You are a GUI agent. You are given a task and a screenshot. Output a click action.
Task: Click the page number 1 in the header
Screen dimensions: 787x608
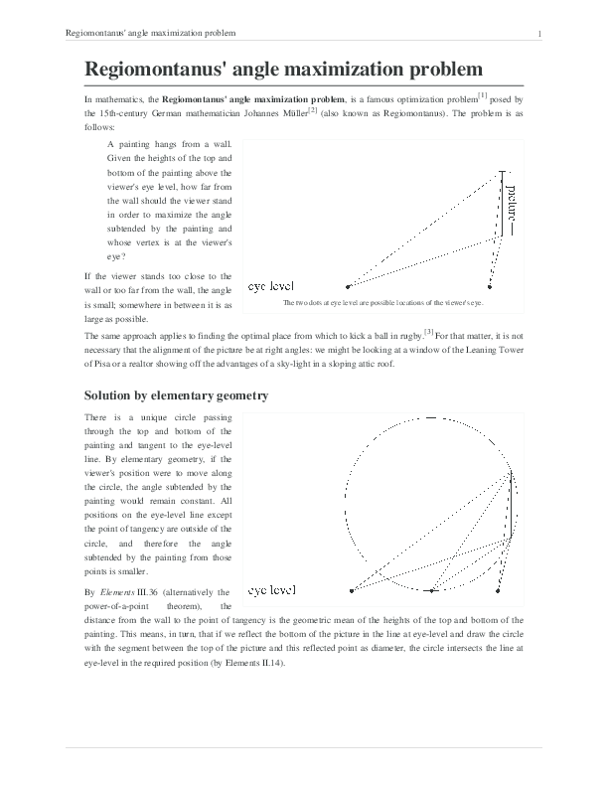tap(538, 34)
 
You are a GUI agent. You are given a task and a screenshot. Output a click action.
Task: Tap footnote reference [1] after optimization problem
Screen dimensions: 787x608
tap(482, 95)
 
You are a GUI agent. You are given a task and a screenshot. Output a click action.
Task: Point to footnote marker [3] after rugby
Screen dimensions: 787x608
tap(428, 331)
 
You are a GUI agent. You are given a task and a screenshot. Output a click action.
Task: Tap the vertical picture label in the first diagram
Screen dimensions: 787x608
tap(511, 205)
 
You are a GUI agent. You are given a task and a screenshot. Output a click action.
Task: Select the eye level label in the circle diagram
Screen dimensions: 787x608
tap(271, 590)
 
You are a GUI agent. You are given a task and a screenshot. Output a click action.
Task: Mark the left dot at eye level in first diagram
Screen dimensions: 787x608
tap(348, 286)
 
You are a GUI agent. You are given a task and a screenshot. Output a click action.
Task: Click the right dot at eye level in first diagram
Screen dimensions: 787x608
tap(490, 286)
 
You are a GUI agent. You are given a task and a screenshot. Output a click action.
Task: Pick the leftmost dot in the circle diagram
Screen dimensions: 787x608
tap(353, 591)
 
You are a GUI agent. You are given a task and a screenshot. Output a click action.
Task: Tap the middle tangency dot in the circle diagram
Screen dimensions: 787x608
tap(431, 591)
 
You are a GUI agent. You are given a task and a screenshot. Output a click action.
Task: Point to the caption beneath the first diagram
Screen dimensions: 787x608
tap(382, 303)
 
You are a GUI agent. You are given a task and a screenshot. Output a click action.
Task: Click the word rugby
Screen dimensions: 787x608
tap(406, 336)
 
